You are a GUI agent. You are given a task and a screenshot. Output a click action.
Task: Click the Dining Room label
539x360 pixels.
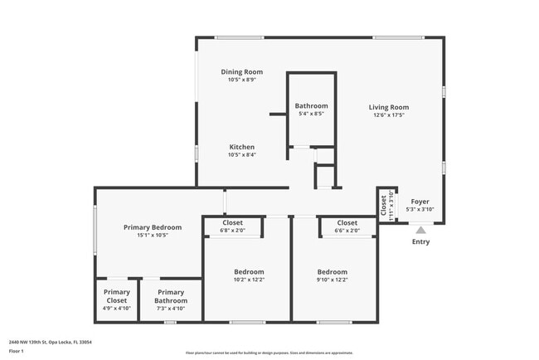point(242,72)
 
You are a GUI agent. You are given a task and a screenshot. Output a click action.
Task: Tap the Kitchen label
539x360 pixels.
point(242,147)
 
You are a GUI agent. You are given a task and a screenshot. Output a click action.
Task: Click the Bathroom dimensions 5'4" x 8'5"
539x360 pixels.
point(311,114)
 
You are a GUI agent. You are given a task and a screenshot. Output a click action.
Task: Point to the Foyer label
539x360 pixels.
point(420,202)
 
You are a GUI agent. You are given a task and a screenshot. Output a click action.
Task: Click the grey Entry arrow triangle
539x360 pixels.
point(421,231)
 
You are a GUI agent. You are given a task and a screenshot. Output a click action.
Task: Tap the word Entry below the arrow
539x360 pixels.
point(421,242)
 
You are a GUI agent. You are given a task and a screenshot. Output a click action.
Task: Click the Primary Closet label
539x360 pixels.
point(116,296)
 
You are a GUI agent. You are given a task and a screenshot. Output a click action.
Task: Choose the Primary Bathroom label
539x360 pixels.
point(171,296)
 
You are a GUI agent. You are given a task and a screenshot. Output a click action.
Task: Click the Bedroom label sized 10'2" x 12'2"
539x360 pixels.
point(249,272)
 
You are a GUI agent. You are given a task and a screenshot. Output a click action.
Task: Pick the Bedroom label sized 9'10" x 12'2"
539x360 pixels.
point(333,272)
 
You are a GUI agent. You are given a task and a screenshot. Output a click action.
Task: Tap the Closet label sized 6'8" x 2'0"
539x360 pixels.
point(233,223)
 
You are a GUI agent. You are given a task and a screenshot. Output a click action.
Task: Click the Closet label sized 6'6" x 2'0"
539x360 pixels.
point(347,223)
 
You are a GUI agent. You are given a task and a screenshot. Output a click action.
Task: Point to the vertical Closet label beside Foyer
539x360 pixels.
point(384,204)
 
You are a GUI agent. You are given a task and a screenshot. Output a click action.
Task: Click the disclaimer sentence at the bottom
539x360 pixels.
point(269,352)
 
